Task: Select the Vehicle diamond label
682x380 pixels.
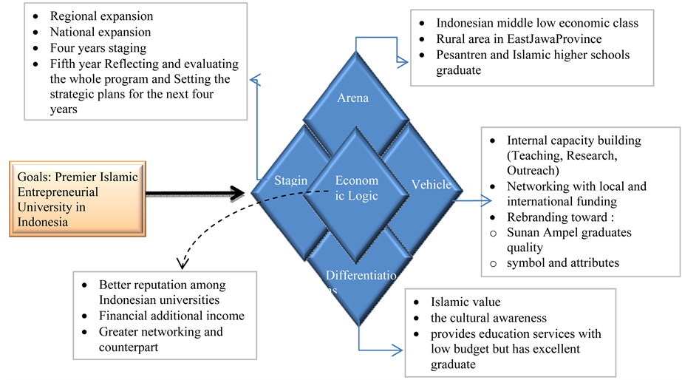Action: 431,185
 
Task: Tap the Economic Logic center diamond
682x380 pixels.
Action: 356,188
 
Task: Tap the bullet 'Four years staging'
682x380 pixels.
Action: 98,49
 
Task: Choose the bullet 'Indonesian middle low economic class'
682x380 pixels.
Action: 537,23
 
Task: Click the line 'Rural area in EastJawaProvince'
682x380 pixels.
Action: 519,39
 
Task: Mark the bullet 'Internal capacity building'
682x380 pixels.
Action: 574,140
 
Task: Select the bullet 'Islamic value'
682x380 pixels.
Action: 466,302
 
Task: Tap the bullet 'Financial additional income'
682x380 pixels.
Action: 171,316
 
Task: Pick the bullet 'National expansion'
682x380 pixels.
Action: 100,33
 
